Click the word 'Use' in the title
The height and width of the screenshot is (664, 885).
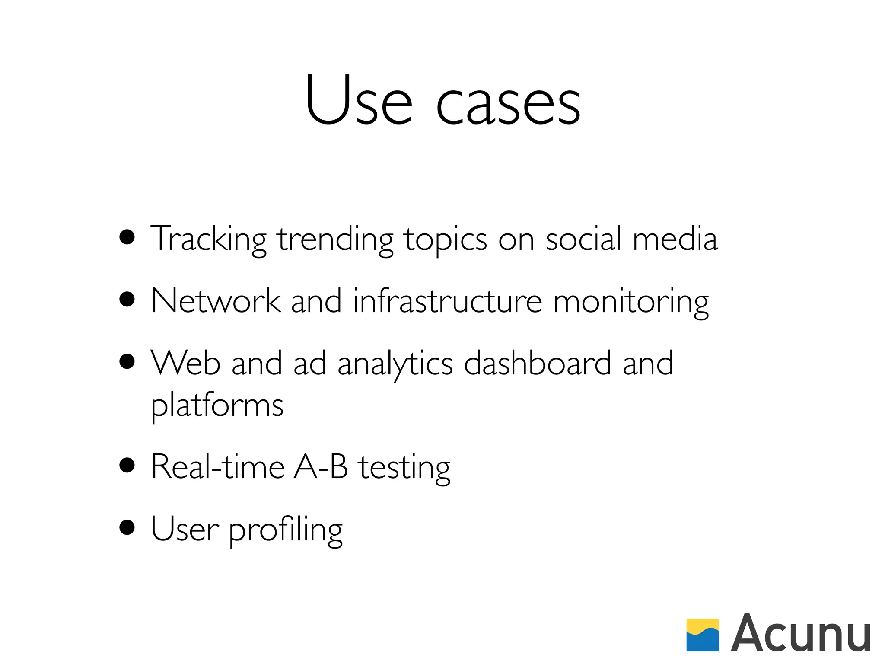(x=358, y=100)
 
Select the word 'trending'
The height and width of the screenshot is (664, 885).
(x=335, y=240)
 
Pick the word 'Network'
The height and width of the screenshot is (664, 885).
(x=216, y=301)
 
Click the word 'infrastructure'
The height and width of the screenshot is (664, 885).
(x=447, y=301)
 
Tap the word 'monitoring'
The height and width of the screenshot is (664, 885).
(x=631, y=303)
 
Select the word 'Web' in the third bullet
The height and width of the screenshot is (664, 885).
(x=186, y=363)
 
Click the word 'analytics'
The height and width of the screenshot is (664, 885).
(x=395, y=364)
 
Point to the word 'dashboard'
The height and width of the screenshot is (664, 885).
(x=537, y=363)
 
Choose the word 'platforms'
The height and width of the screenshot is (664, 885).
(x=217, y=406)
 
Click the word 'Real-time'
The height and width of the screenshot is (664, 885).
(x=218, y=467)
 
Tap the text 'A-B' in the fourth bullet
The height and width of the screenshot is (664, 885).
(x=321, y=467)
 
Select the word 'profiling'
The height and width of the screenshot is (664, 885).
(x=285, y=530)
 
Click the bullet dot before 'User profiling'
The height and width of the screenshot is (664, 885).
(x=127, y=528)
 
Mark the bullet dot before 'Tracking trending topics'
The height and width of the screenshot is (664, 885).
(x=127, y=237)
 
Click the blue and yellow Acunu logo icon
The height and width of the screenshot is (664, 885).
(x=703, y=635)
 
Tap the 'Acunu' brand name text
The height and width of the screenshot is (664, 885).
(x=800, y=633)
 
